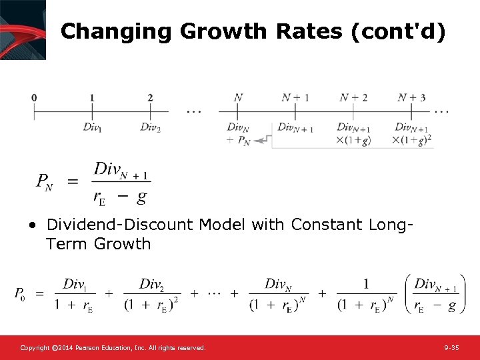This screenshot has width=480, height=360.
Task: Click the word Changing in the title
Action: point(116,31)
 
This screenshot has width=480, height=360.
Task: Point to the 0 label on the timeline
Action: point(34,98)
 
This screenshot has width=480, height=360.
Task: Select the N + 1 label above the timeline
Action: point(295,98)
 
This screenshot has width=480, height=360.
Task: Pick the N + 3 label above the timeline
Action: point(411,98)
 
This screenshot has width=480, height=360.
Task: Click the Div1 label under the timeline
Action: point(93,127)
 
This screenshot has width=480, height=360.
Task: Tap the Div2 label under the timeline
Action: point(150,127)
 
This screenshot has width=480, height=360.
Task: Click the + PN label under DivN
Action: point(238,141)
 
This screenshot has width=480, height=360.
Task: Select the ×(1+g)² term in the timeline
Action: point(411,140)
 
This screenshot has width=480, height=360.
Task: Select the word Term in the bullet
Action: point(67,244)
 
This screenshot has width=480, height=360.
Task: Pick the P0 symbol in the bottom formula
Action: point(21,294)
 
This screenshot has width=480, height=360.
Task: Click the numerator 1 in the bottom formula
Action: point(366,285)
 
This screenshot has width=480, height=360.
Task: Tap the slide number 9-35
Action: point(451,348)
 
